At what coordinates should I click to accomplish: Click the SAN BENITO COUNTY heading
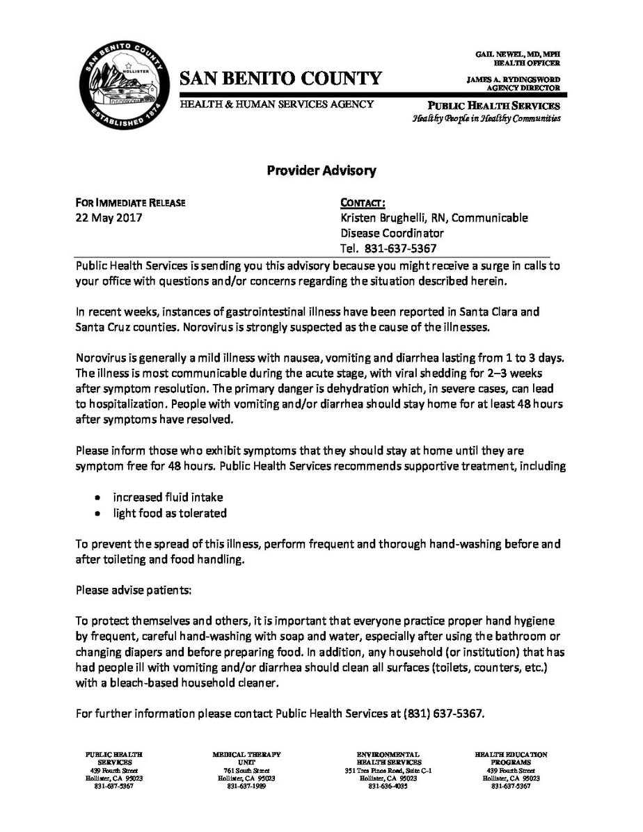click(x=281, y=79)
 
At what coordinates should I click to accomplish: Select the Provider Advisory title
click(x=321, y=170)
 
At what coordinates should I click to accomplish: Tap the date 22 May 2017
click(x=109, y=218)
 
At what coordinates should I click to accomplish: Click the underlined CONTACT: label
click(x=363, y=203)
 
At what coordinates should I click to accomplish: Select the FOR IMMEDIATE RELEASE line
click(x=131, y=203)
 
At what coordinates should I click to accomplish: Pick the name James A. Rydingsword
click(x=513, y=80)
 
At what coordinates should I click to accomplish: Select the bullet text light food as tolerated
click(x=170, y=513)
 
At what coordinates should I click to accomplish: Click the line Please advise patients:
click(x=132, y=591)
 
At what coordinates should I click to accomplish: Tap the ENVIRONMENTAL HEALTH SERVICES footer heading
click(x=388, y=758)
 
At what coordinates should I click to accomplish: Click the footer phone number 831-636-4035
click(x=388, y=786)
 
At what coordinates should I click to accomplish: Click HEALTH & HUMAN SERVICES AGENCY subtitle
click(x=277, y=104)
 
